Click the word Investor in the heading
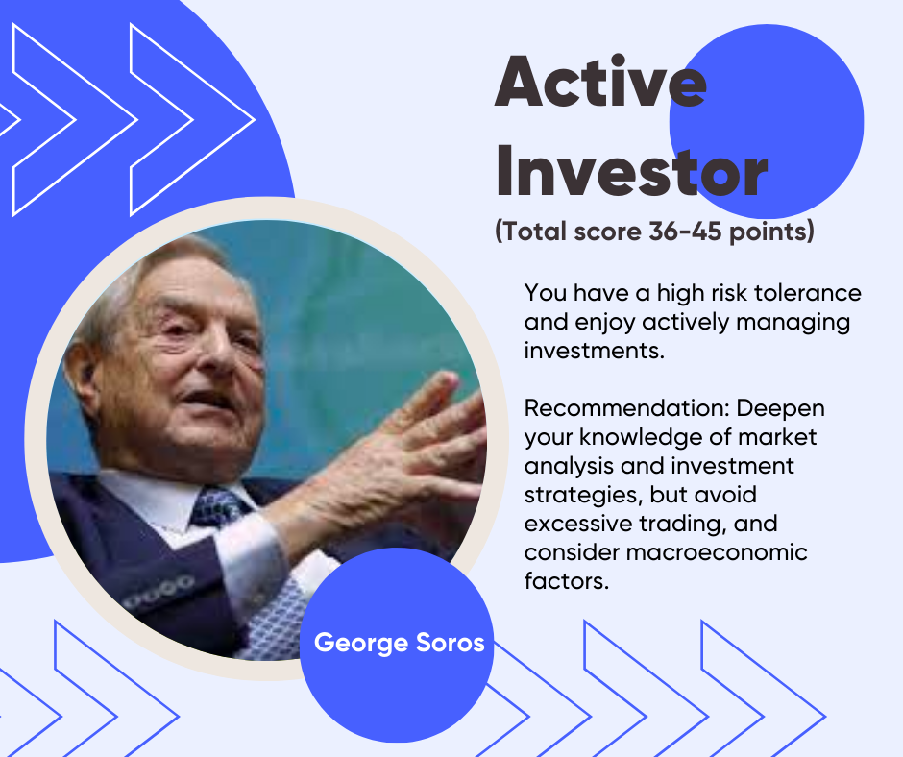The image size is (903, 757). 632,171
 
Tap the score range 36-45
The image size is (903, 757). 685,232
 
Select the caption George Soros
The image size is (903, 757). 399,643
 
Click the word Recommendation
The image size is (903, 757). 626,408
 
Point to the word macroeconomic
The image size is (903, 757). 717,552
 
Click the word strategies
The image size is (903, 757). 583,495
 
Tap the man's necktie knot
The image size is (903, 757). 216,507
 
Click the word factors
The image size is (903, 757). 567,580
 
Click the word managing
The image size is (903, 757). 793,323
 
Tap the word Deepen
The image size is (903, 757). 780,409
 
